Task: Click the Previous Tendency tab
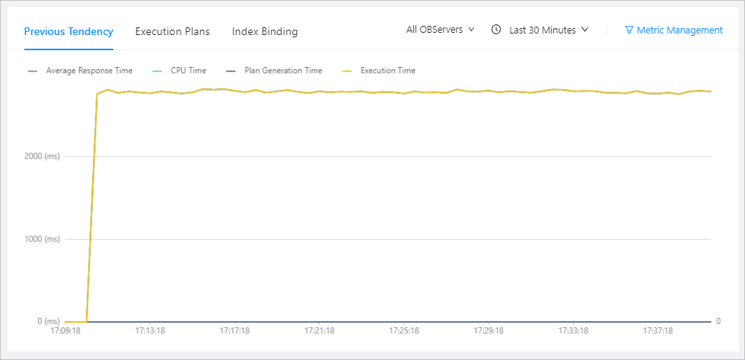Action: [68, 31]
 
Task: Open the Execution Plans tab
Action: [172, 31]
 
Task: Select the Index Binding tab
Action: [265, 31]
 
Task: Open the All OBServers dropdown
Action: [440, 30]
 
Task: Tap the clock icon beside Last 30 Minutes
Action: [496, 30]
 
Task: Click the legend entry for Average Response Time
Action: [88, 71]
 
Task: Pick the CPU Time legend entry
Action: [187, 71]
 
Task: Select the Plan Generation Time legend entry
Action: [282, 71]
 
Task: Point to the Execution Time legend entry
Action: [387, 71]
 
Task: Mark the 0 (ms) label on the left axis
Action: [49, 321]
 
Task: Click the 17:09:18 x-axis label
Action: [65, 331]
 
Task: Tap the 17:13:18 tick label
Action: [150, 331]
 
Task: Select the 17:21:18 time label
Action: [320, 331]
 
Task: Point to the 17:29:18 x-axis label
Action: [489, 331]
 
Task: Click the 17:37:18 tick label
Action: [657, 331]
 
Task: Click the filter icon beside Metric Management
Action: [629, 30]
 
